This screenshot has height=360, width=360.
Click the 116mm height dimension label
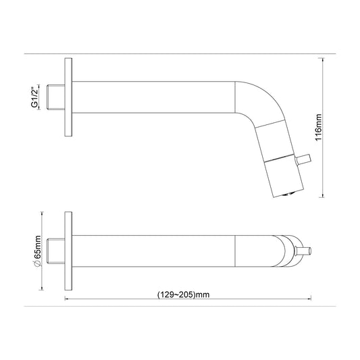pos(319,128)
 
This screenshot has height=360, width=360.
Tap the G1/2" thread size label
pos(34,97)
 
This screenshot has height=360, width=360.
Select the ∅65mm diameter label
pos(37,251)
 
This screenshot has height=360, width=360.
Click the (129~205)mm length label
pos(184,294)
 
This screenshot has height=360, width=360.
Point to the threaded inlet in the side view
pos(56,97)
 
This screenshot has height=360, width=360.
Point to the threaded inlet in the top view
pos(56,251)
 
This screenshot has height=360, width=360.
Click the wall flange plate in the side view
pos(68,97)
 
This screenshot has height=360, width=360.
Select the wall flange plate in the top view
pos(68,251)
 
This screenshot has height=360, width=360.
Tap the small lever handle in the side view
pos(303,159)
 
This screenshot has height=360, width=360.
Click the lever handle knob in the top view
pos(303,251)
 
